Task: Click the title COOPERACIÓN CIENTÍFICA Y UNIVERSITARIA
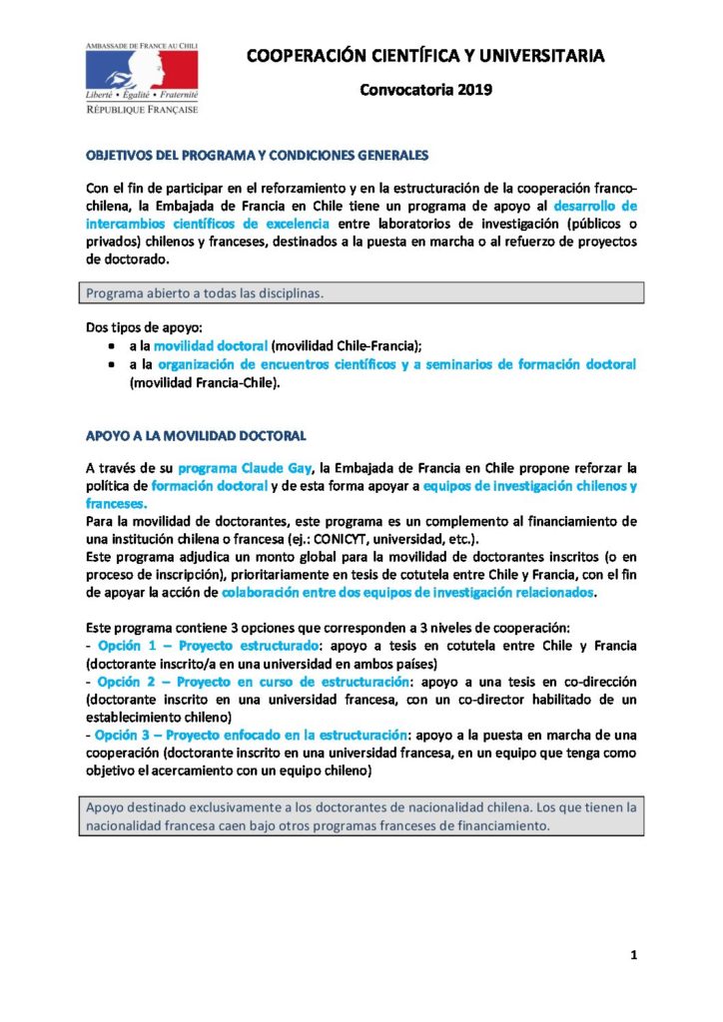[x=426, y=56]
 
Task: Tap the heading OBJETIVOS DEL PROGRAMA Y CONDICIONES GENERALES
[x=258, y=156]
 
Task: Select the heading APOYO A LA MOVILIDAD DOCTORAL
[x=196, y=436]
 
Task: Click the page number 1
[x=634, y=956]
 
